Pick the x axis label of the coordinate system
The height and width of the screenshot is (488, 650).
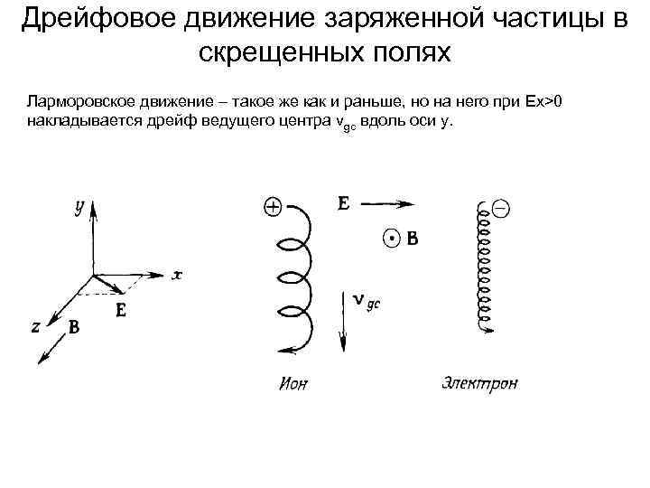[177, 275]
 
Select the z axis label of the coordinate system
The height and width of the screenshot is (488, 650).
[35, 327]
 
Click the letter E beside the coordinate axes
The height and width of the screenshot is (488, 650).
[121, 310]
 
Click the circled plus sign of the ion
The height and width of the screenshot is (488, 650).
[272, 207]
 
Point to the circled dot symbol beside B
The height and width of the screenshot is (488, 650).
[391, 239]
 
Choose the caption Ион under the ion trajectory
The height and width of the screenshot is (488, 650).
[292, 383]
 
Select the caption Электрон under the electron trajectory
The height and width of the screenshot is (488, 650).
[479, 382]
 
